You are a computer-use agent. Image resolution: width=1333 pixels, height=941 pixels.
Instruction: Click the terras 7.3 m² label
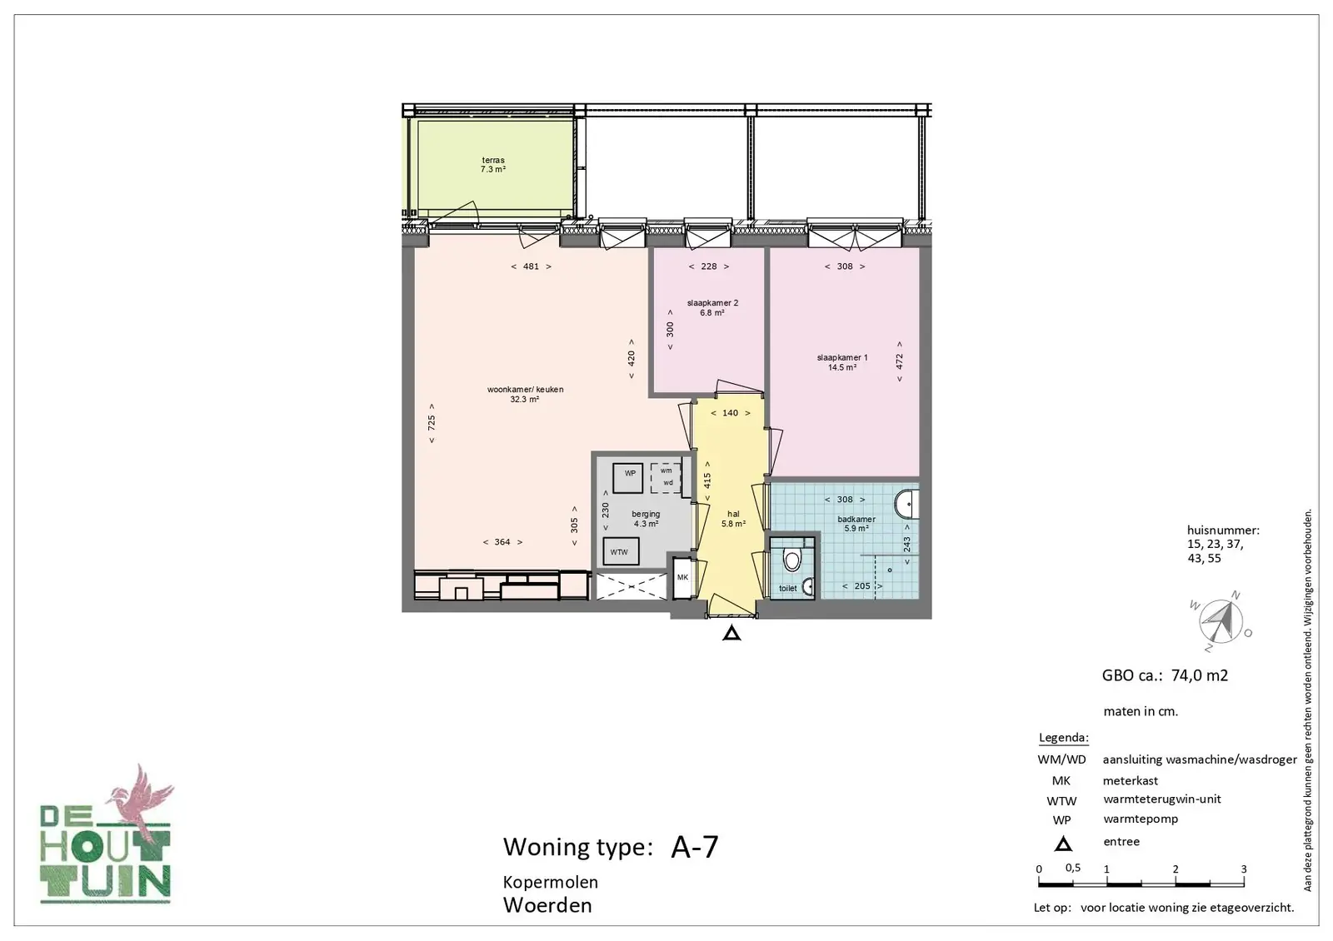tap(493, 165)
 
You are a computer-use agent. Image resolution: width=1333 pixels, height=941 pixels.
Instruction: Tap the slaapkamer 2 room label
tap(712, 307)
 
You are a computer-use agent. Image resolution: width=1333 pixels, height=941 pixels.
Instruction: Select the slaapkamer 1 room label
tap(842, 362)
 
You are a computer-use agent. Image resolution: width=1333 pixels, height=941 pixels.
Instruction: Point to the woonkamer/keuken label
tap(525, 395)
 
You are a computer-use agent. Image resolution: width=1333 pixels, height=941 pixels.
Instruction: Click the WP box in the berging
tap(628, 478)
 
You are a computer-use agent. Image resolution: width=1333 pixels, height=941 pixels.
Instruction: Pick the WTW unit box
tap(621, 551)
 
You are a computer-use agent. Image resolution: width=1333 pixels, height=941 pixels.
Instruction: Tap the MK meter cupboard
tap(682, 577)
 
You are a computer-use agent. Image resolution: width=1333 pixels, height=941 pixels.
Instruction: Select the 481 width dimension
tap(531, 266)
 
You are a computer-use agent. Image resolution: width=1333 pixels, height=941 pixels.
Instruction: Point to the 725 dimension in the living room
tap(432, 423)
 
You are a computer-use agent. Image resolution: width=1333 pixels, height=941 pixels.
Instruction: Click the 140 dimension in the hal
tap(730, 413)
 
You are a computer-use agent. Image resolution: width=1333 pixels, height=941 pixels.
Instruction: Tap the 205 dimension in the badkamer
tap(862, 586)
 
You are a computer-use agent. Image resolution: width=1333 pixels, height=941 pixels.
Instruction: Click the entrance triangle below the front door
tap(732, 634)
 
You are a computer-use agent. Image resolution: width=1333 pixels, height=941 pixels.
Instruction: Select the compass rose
tap(1221, 621)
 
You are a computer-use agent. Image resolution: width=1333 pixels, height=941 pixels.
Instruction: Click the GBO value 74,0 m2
tap(1200, 675)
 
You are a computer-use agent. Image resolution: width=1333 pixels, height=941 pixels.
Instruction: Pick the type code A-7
tap(695, 847)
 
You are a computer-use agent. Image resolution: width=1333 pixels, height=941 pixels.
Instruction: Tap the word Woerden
tap(547, 905)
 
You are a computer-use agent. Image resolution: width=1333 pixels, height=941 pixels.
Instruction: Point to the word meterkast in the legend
tap(1130, 780)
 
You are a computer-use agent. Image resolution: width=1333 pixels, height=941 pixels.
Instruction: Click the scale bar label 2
tap(1176, 869)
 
